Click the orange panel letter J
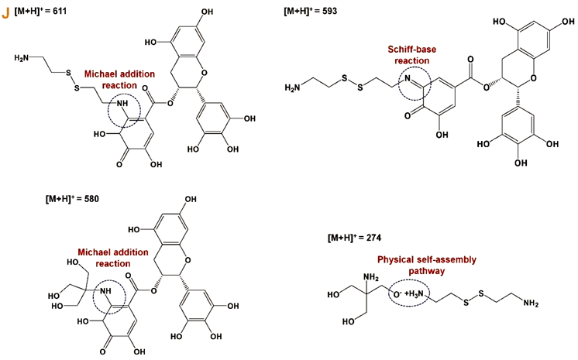6,10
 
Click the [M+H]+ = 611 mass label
44,11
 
